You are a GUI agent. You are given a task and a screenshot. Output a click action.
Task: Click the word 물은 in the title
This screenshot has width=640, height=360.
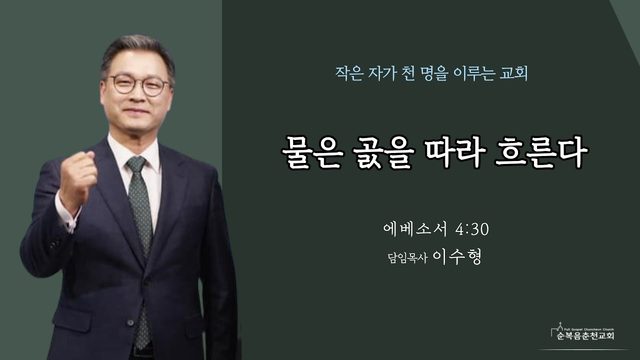(x=311, y=152)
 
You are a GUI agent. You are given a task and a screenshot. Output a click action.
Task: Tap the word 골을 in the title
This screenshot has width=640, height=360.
(x=383, y=152)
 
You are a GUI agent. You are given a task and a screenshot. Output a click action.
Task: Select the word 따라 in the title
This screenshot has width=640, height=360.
(x=455, y=152)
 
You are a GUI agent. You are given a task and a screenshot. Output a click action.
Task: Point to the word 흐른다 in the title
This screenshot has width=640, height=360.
(x=541, y=152)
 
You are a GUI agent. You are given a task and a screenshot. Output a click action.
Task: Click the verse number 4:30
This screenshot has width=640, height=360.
(x=472, y=229)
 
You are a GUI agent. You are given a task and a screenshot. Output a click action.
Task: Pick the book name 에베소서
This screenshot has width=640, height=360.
(x=415, y=229)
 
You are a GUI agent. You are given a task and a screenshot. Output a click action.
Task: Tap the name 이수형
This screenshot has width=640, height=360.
(x=457, y=257)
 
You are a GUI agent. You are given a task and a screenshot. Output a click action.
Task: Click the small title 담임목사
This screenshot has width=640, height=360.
(x=407, y=258)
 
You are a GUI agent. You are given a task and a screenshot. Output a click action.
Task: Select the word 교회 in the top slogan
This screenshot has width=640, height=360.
(x=514, y=73)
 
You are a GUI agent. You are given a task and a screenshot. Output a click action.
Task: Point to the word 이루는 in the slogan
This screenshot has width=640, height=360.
(x=474, y=73)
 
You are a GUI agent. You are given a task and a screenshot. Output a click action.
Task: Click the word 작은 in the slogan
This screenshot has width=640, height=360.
(x=349, y=73)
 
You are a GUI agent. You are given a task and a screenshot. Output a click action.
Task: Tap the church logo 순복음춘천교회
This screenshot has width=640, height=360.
(x=584, y=333)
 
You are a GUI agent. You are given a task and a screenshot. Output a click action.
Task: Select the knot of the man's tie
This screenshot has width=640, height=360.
(x=136, y=164)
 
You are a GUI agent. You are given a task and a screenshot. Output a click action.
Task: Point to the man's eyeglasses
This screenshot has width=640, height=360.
(x=139, y=84)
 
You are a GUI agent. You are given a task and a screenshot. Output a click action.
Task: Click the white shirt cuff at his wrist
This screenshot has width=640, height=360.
(x=67, y=214)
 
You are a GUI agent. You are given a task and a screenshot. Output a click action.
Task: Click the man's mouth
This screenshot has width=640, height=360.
(x=136, y=111)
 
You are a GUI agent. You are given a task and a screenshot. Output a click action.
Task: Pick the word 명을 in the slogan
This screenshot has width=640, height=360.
(x=434, y=73)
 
